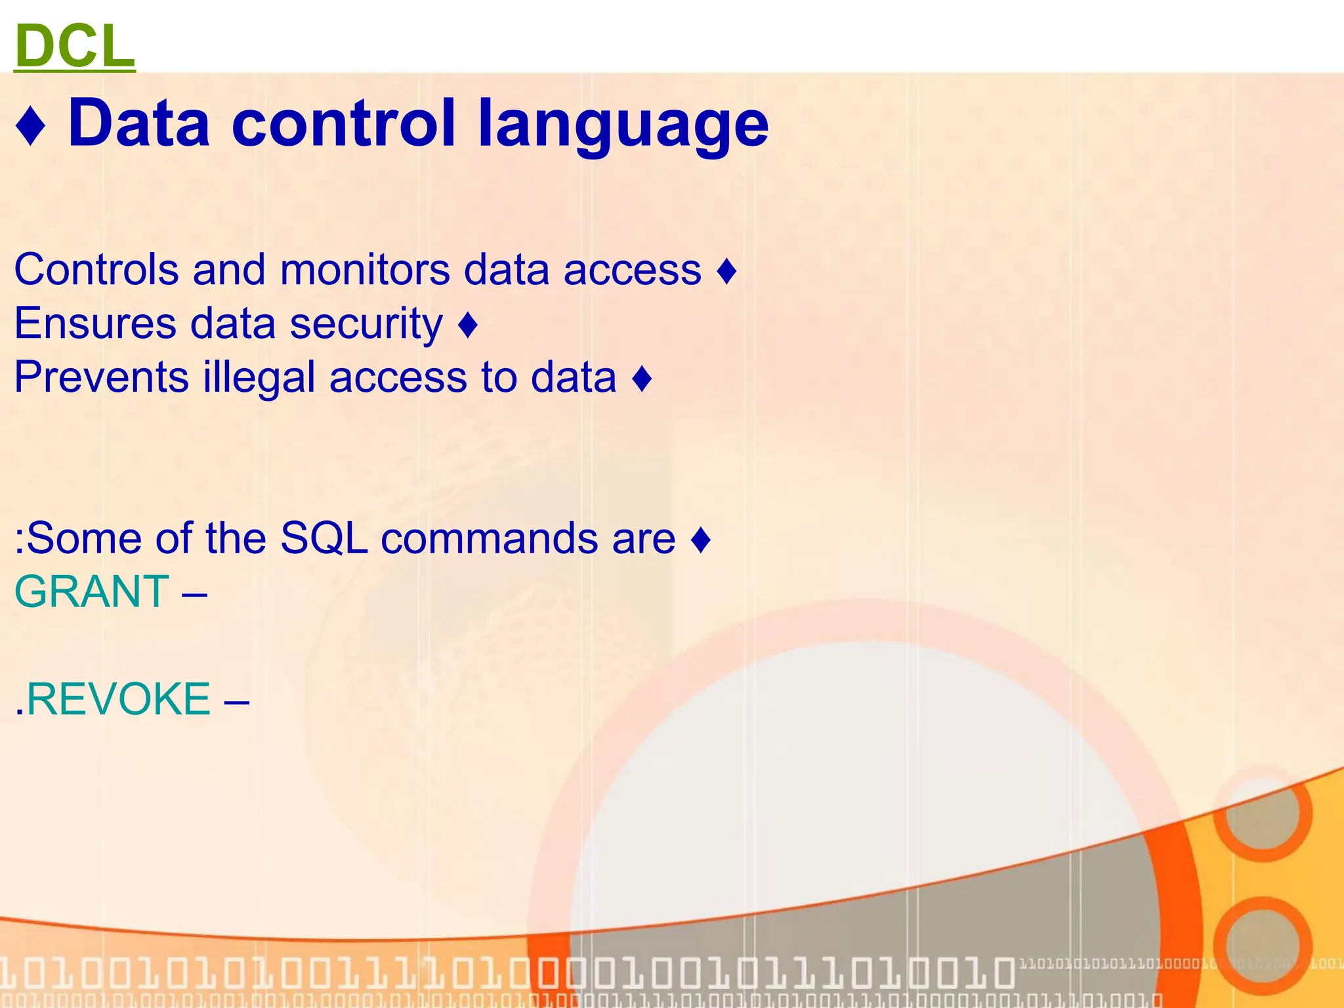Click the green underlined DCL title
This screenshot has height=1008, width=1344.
tap(74, 46)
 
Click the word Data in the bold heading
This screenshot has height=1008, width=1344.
tap(138, 123)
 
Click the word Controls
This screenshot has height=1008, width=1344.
tap(96, 270)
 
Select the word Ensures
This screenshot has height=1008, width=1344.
tap(95, 324)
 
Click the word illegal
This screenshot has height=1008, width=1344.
tap(259, 379)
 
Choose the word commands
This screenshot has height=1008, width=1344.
tap(489, 539)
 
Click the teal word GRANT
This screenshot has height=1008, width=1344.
tap(92, 592)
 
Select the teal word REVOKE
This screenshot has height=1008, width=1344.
tap(118, 699)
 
